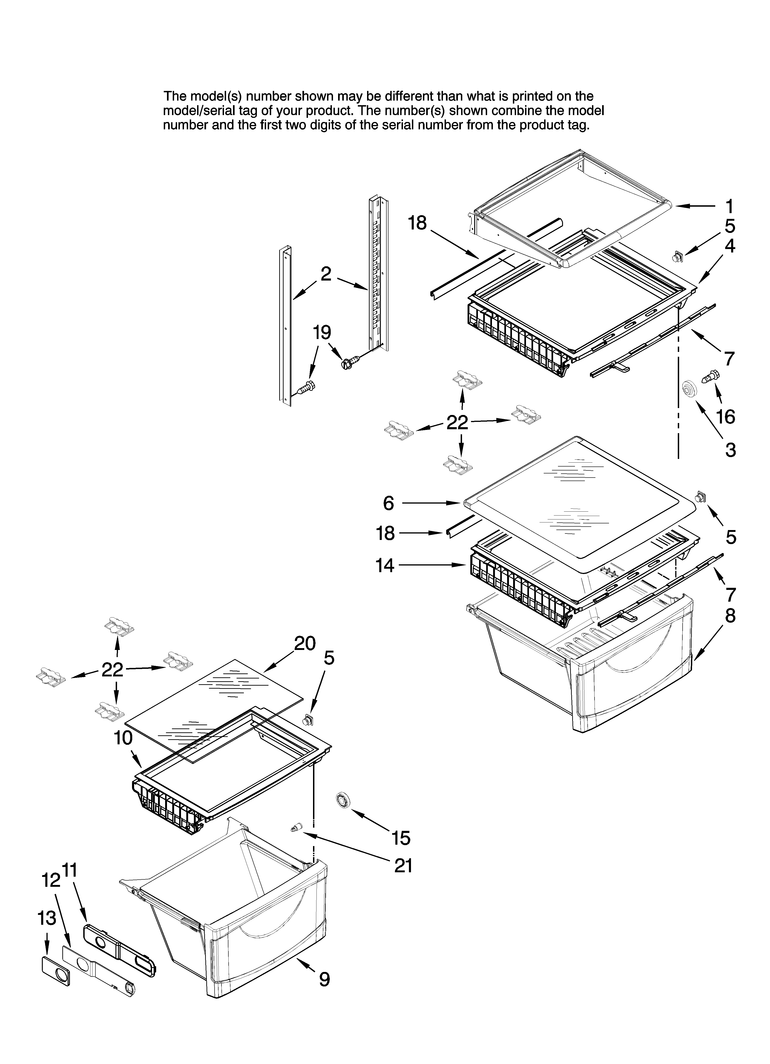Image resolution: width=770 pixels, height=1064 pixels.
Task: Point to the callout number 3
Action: (730, 450)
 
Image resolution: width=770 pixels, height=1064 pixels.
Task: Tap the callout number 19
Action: (322, 333)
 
